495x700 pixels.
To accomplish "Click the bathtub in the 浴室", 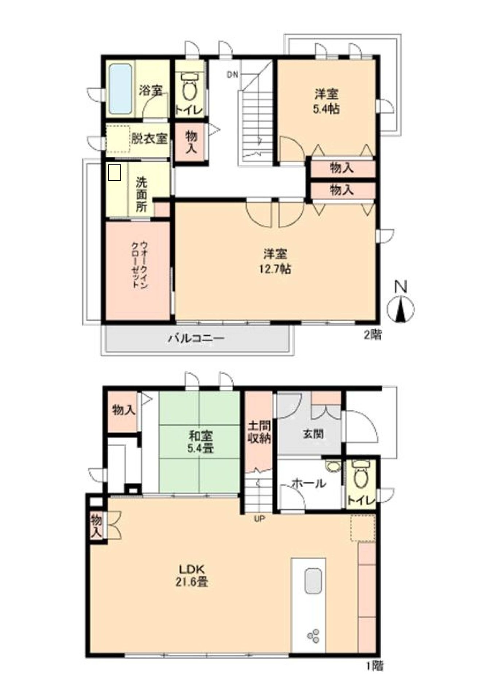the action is point(120,89).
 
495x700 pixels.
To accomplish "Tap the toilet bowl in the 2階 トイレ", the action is point(189,87).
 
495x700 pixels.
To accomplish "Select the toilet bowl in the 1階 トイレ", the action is point(361,475).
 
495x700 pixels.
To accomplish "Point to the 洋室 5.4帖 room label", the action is point(327,101).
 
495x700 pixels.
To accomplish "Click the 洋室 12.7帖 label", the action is point(275,261).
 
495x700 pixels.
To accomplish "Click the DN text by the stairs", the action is point(232,75).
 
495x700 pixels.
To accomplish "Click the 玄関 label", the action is point(313,434).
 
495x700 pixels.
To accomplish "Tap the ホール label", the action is point(309,484).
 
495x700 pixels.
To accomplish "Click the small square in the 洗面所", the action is point(115,172).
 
